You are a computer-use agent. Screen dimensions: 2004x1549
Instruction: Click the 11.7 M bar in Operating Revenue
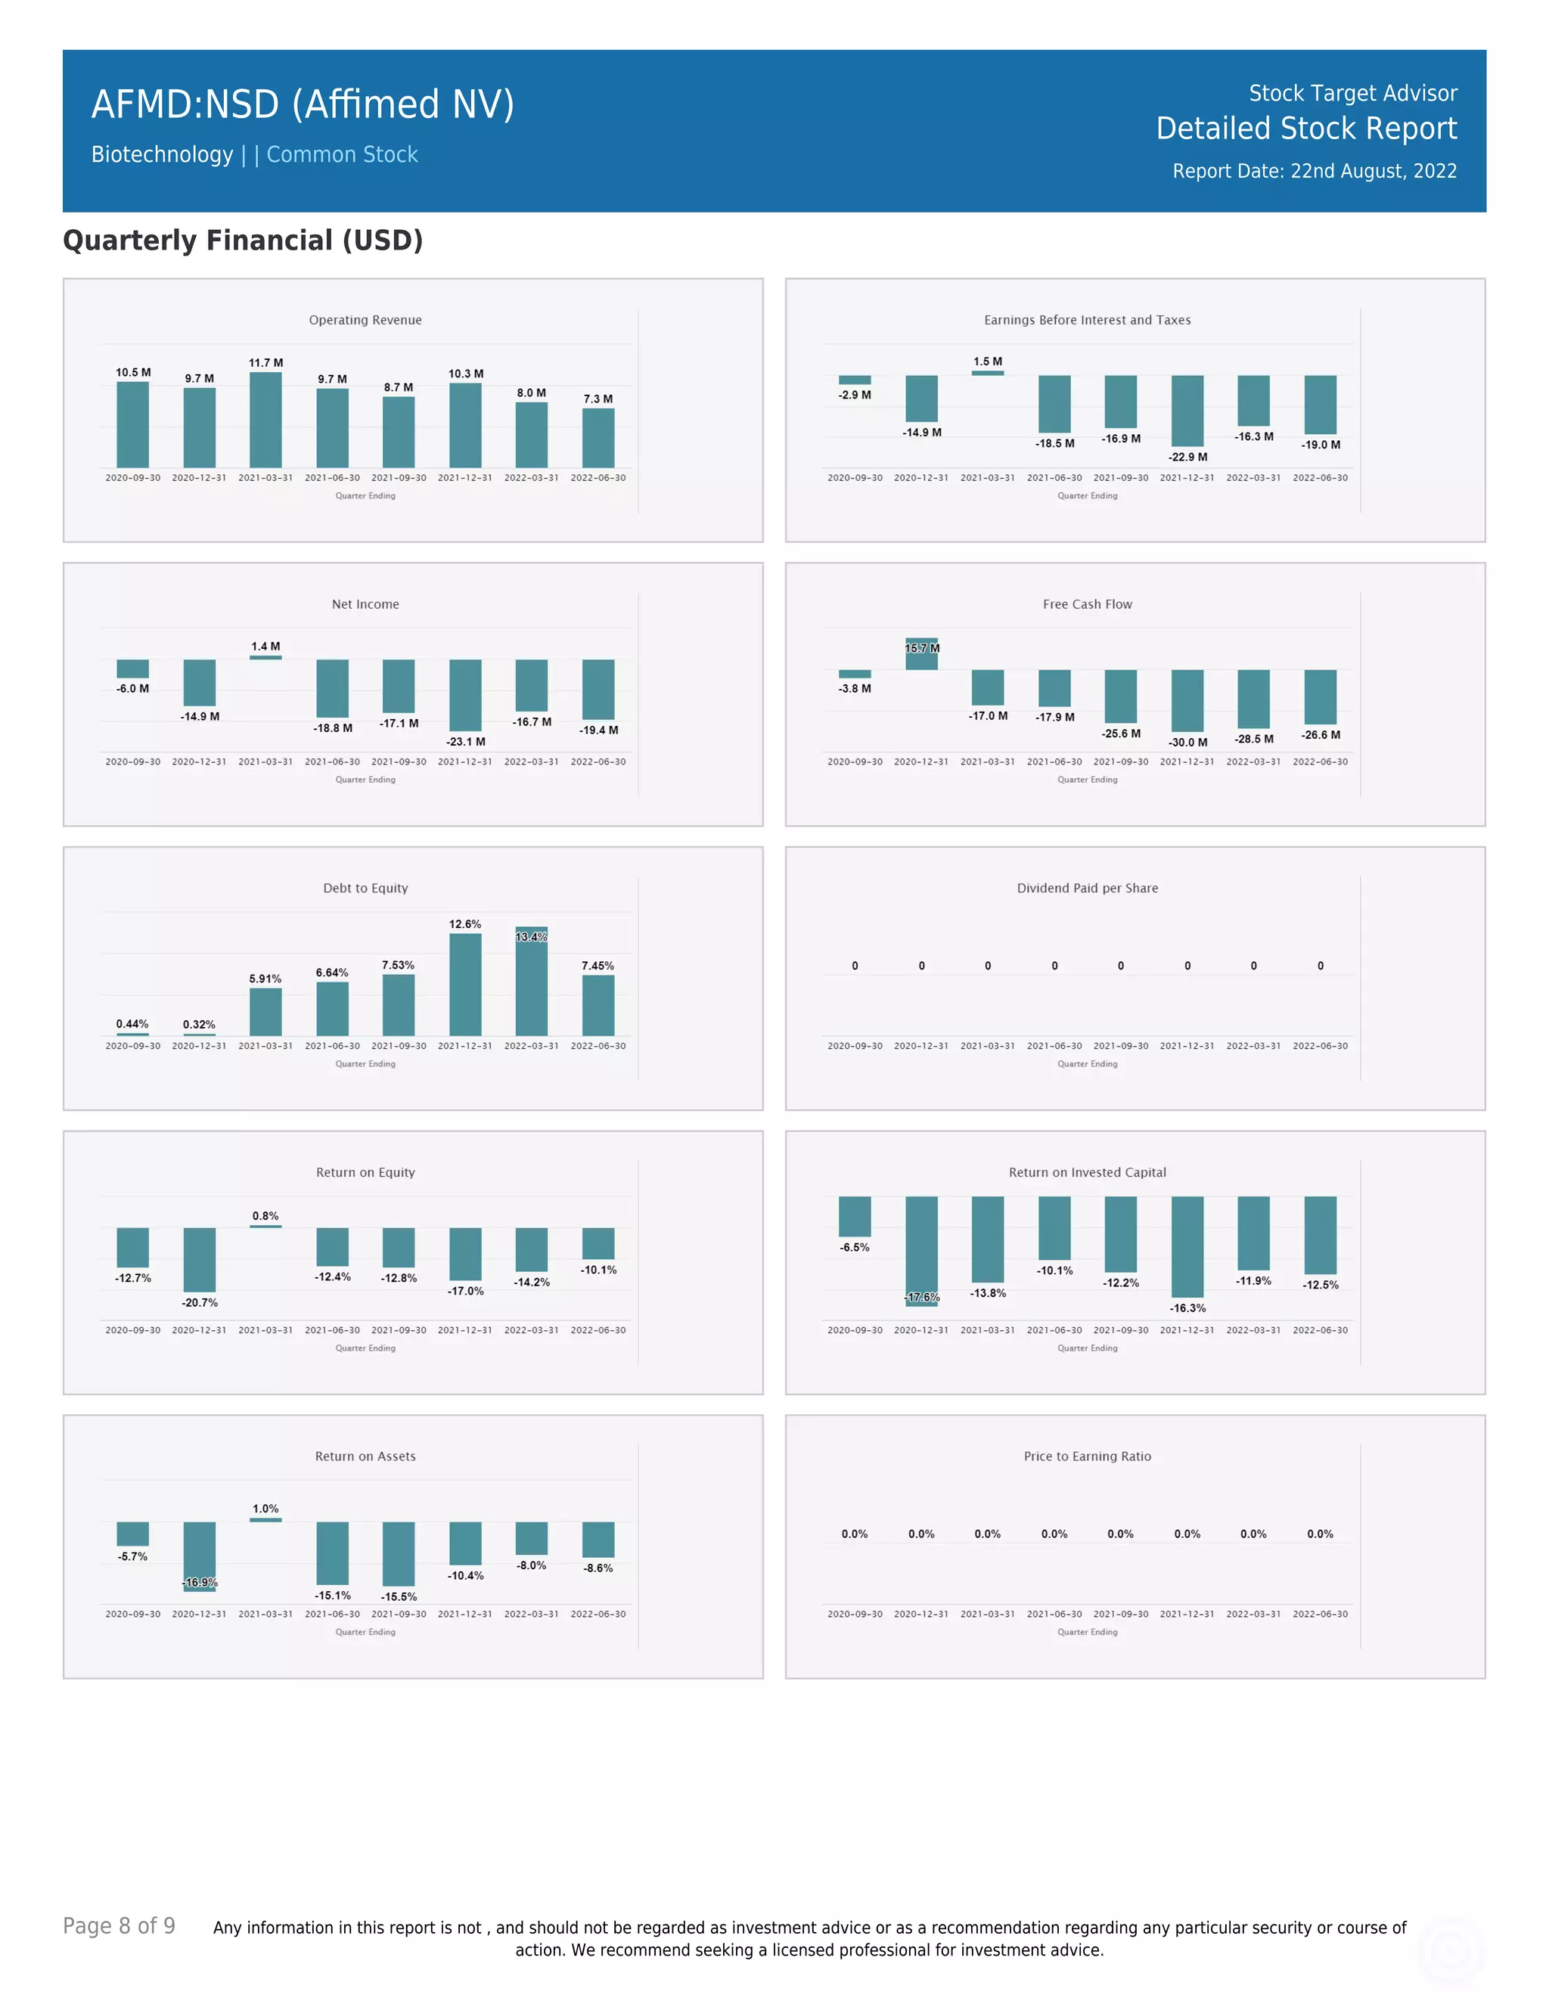pos(265,420)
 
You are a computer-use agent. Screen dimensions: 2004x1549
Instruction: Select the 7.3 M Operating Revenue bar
pos(598,439)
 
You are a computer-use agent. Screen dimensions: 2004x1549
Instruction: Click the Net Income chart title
pos(365,603)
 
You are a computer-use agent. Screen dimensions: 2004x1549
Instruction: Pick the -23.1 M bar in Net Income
pos(465,695)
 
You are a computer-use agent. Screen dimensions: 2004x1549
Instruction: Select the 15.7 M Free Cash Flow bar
pos(921,654)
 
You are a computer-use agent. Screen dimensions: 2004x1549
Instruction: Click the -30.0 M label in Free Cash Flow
pos(1187,743)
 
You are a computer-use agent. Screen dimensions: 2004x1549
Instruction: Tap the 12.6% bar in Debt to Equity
pos(465,985)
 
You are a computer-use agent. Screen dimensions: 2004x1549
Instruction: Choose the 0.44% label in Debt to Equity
pos(132,1024)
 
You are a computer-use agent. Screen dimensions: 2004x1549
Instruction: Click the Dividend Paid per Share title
pos(1088,889)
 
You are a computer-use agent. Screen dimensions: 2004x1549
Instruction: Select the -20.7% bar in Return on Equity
pos(199,1260)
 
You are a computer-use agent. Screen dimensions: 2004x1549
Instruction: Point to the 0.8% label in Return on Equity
pos(265,1216)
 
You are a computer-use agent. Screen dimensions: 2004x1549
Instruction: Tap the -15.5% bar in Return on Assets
pos(399,1553)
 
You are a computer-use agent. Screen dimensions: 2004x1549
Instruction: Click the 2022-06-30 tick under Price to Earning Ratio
pos(1320,1614)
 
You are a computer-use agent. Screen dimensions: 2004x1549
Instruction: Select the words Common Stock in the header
pos(343,155)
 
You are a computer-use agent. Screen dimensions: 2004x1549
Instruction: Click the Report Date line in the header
pos(1314,172)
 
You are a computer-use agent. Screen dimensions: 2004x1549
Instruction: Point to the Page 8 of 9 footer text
pos(119,1926)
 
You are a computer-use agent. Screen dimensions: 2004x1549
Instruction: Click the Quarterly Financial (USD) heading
pos(242,240)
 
